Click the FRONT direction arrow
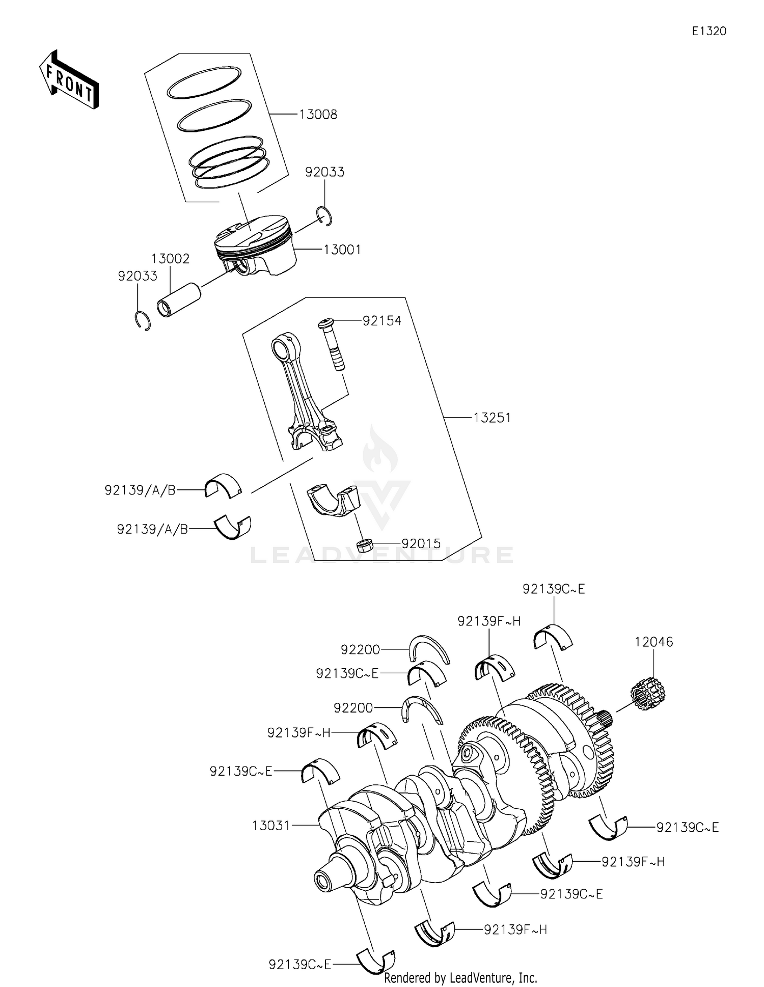click(69, 80)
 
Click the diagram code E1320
click(708, 31)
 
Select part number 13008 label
click(318, 115)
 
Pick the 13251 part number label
click(492, 418)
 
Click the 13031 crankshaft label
click(271, 825)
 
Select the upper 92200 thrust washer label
click(360, 649)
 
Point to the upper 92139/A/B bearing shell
click(223, 486)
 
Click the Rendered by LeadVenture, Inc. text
click(460, 977)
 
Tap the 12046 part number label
click(653, 642)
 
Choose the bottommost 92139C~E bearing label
click(300, 964)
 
